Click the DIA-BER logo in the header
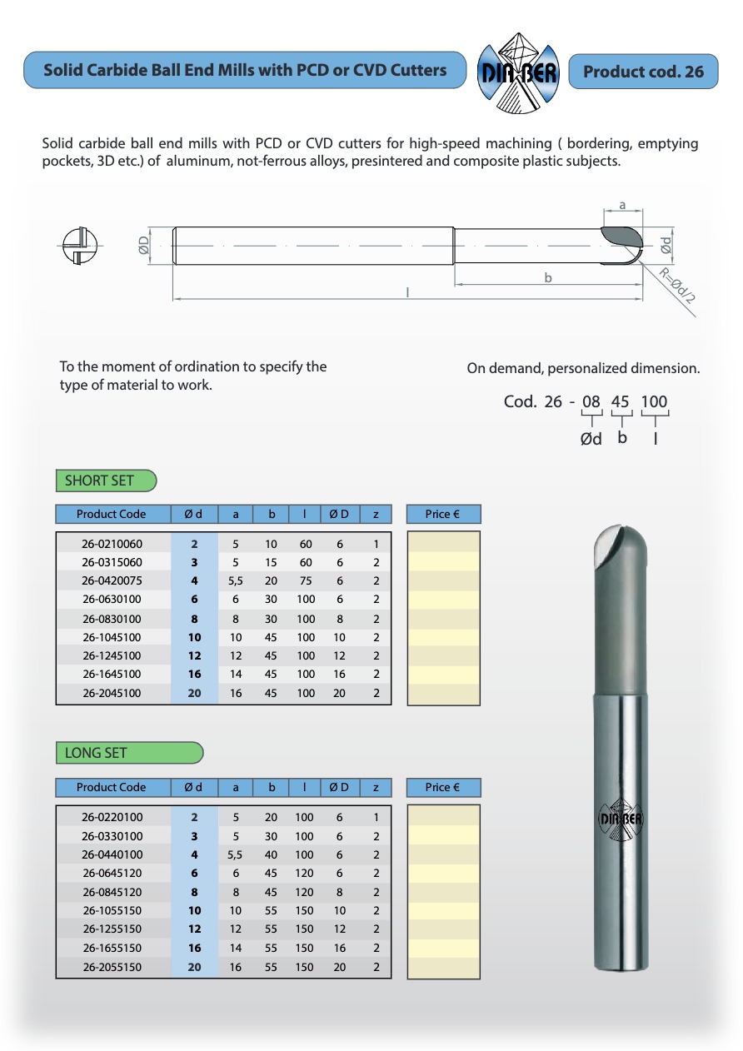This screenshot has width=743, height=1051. point(517,72)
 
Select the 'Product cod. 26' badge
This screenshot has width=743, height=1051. point(643,72)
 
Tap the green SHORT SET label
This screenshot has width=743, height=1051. point(106,481)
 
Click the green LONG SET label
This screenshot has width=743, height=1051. point(129,753)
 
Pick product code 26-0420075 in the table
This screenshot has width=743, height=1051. point(112,581)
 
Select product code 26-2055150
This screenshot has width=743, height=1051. point(112,968)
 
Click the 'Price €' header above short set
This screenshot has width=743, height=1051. point(443,514)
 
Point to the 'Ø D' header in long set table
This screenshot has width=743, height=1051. point(339,787)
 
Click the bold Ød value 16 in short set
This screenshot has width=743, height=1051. point(195,675)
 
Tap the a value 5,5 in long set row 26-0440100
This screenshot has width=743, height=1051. point(236,854)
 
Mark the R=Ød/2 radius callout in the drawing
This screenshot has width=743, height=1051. point(677,288)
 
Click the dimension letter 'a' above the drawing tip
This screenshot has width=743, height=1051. point(622,204)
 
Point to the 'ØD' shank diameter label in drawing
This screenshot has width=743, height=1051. point(144,244)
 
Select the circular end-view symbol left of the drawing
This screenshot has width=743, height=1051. point(81,245)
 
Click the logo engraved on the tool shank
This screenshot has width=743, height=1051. point(621,817)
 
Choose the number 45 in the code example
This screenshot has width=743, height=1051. point(621,401)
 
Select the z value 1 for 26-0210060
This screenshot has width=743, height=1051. point(376,544)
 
